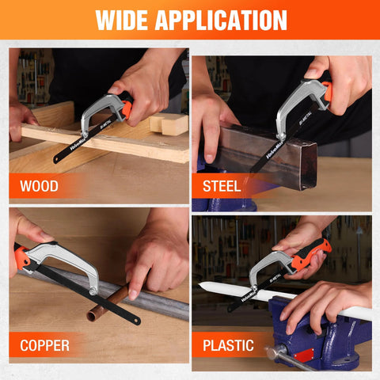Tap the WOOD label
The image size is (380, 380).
(x=39, y=188)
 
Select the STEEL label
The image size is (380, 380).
(x=222, y=188)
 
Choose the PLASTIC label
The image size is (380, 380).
(x=227, y=345)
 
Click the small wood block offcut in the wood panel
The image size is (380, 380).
(x=169, y=123)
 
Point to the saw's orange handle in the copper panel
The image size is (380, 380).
(x=21, y=257)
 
